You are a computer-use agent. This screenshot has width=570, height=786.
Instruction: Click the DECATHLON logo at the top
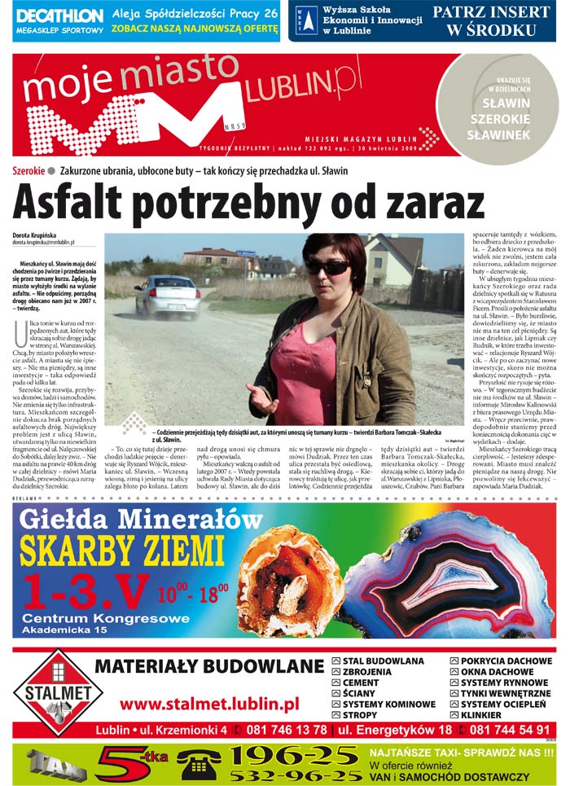(x=60, y=15)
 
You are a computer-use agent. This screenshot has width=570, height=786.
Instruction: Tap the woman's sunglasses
(x=327, y=266)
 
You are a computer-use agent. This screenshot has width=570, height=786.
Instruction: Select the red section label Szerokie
(x=28, y=171)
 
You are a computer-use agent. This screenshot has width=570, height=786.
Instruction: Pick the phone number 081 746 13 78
(x=283, y=730)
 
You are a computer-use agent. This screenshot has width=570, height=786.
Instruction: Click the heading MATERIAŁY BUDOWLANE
(x=209, y=666)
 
